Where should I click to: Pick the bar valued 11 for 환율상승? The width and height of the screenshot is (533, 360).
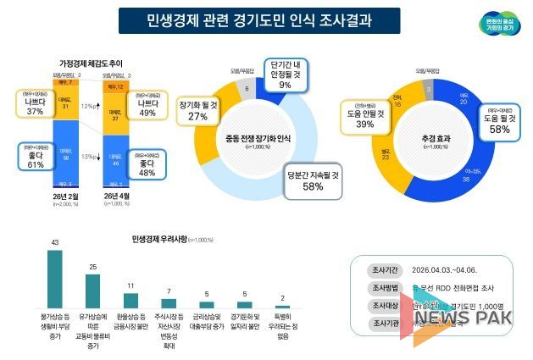(x=131, y=301)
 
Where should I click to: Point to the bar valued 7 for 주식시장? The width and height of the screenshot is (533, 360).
(x=169, y=303)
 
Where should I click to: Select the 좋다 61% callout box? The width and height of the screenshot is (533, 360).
(x=36, y=158)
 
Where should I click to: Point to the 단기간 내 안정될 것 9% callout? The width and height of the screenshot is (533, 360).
(x=284, y=73)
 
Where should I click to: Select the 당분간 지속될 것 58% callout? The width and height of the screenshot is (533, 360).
(x=313, y=180)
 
